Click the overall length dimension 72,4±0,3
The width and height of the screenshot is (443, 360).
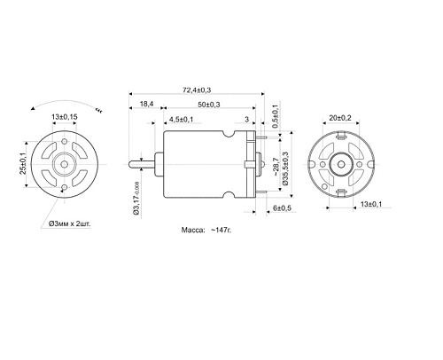tap(203, 90)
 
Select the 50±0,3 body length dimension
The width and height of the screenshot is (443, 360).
tap(209, 105)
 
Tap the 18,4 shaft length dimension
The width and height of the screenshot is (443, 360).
tap(146, 105)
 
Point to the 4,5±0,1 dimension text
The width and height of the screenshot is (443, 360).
tap(183, 120)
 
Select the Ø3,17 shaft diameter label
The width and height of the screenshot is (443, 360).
tap(135, 199)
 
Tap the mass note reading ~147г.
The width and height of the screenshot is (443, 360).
tap(206, 229)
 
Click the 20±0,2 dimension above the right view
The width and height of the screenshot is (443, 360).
tap(342, 117)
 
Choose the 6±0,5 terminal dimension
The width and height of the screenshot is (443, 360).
tap(283, 207)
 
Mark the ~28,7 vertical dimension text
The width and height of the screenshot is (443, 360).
tap(275, 165)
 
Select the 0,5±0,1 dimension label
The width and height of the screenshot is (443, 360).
tap(275, 117)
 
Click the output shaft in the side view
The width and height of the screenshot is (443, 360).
tap(141, 164)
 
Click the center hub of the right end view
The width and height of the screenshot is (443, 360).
tap(342, 165)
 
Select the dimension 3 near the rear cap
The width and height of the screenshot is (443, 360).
tap(245, 120)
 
